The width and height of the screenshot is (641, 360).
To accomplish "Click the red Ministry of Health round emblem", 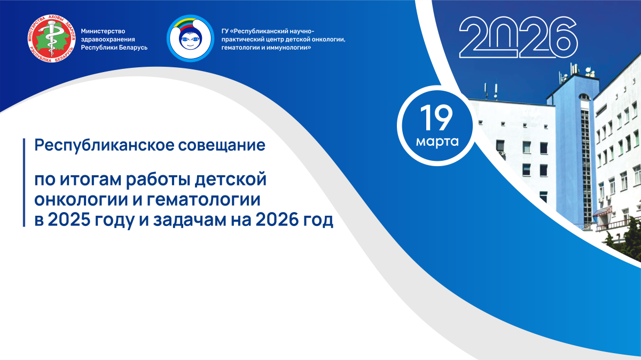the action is [x=51, y=38].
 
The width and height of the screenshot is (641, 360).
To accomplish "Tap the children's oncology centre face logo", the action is [x=191, y=38].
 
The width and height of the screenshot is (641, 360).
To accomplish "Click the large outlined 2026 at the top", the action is [x=518, y=37].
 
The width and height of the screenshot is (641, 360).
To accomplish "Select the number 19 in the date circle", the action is [x=436, y=118].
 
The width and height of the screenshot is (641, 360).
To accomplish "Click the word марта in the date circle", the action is [x=437, y=142].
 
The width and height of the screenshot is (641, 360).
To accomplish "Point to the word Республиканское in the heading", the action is [x=105, y=146].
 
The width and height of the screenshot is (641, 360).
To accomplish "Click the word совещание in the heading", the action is [x=222, y=146].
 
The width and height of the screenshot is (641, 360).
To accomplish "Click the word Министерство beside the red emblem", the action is [x=103, y=31].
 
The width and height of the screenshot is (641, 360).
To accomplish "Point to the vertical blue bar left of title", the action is [x=24, y=183].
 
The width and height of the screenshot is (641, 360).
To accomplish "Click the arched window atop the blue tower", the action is [x=584, y=97].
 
